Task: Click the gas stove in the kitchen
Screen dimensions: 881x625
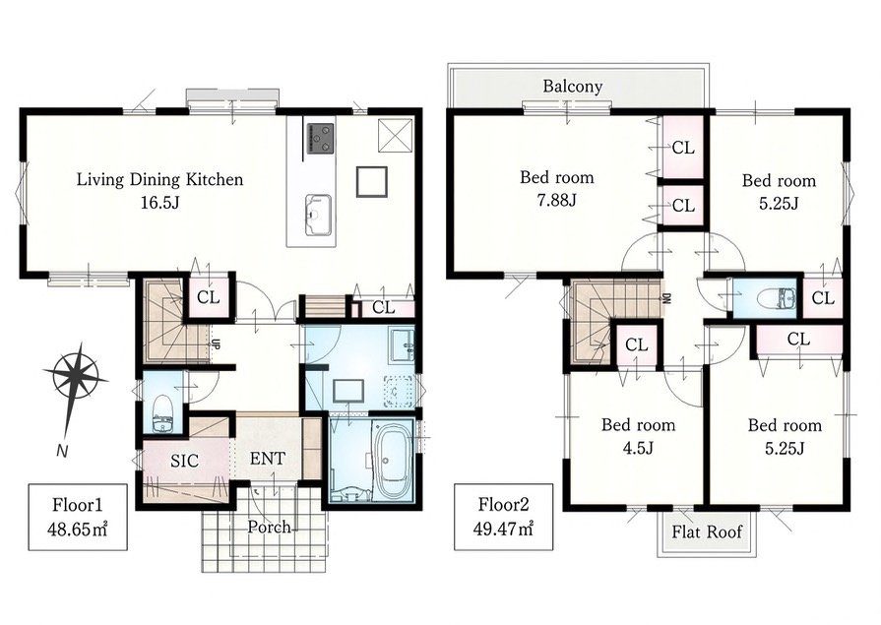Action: (320, 138)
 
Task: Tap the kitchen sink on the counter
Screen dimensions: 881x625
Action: (318, 215)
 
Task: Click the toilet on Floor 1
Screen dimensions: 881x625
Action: (162, 413)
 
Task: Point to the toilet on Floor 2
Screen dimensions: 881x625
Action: (776, 298)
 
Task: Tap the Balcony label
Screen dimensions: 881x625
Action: (573, 86)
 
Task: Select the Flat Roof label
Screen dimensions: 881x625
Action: (707, 531)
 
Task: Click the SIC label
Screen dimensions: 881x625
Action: (184, 461)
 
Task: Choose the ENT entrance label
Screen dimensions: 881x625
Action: (268, 459)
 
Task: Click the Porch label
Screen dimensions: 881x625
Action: (269, 527)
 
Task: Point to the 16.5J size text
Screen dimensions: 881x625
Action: (159, 203)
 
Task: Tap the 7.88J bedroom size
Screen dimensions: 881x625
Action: (556, 200)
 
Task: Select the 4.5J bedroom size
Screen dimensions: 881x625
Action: (638, 448)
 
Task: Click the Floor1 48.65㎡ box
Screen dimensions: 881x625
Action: (78, 517)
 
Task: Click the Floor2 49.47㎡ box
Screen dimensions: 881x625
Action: (503, 517)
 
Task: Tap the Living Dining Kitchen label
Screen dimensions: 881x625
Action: (160, 180)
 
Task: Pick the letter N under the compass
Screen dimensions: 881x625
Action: (62, 450)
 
